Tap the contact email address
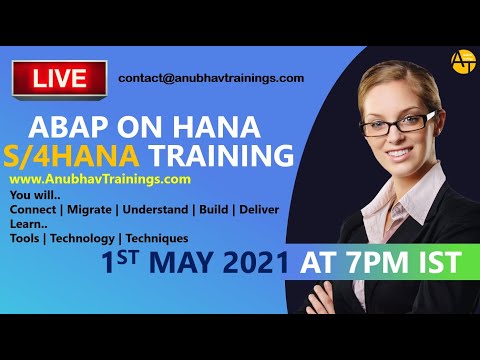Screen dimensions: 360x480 (210, 78)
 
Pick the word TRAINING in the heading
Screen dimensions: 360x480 (222, 156)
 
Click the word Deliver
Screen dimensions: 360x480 (256, 209)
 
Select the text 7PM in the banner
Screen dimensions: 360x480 (379, 264)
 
